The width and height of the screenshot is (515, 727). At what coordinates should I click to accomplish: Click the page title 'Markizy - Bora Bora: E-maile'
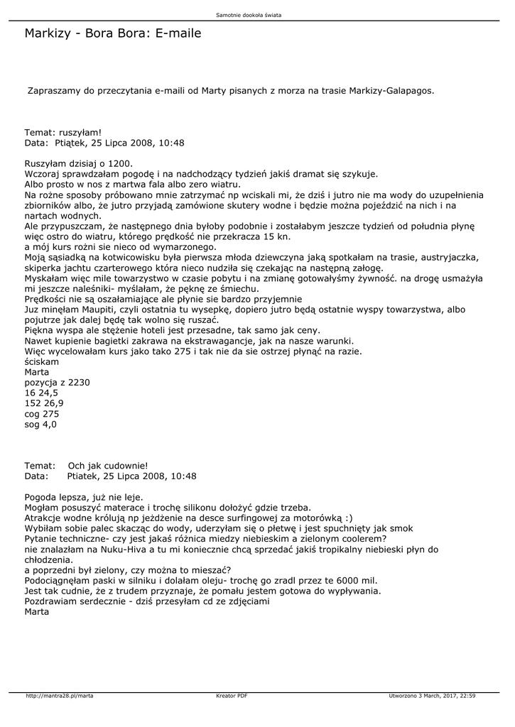(113, 33)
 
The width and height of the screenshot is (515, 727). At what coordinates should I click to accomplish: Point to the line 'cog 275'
(42, 414)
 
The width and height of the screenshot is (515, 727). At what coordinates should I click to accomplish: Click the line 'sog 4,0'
(40, 425)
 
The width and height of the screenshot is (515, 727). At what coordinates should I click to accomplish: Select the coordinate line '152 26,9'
(44, 403)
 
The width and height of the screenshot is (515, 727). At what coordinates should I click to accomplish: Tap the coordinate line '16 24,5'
(41, 393)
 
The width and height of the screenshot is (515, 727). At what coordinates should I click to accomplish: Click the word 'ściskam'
(42, 362)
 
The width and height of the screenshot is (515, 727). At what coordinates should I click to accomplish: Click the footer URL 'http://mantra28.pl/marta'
(60, 696)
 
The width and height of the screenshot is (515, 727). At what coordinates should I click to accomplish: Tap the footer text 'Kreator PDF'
(232, 696)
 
